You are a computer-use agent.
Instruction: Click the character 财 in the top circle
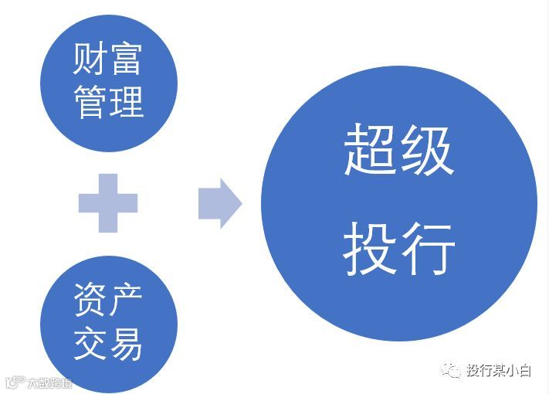coord(90,59)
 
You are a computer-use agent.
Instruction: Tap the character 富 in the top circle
coord(126,59)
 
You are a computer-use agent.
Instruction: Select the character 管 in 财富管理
coord(90,100)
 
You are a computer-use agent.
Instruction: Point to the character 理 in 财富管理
coord(126,100)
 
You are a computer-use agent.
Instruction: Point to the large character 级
coord(426,151)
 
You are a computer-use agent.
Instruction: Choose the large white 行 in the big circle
coord(426,249)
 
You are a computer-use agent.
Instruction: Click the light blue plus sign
coord(108,203)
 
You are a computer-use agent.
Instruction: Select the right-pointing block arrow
coord(220,203)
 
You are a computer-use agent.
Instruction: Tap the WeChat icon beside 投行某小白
coord(452,371)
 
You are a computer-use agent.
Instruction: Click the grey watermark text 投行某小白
coord(498,371)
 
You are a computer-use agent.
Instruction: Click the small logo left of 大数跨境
coord(14,382)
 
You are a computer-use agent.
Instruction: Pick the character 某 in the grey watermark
coord(498,371)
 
